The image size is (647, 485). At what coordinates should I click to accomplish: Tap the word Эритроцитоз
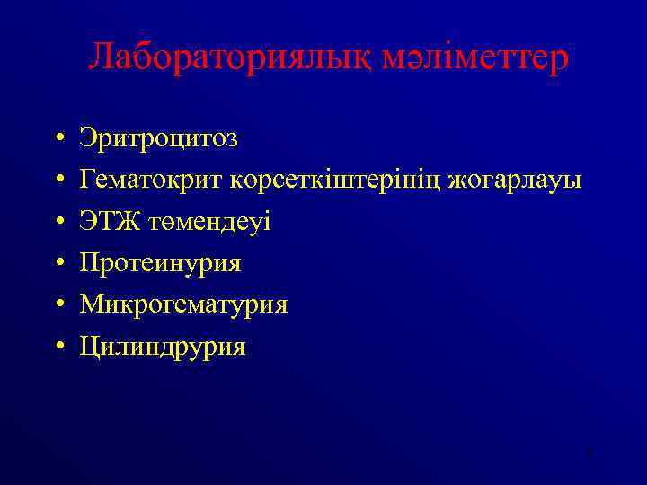point(159,139)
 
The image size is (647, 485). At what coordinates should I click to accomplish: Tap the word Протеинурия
point(161,263)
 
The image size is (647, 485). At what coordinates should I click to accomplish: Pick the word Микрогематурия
point(183,304)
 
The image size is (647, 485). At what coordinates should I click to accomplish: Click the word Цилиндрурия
point(163,347)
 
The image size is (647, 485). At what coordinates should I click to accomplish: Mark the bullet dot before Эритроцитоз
point(57,140)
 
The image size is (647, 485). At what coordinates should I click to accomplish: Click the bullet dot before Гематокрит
point(57,181)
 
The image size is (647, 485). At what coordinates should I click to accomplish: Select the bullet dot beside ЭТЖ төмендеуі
point(57,223)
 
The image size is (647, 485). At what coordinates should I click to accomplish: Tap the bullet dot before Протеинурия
point(57,264)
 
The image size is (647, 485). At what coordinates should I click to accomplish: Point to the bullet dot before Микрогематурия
point(57,305)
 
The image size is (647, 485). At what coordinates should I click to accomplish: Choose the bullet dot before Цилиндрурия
point(57,347)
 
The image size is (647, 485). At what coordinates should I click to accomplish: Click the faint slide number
point(588,453)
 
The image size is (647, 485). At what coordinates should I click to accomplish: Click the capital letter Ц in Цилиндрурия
point(89,347)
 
